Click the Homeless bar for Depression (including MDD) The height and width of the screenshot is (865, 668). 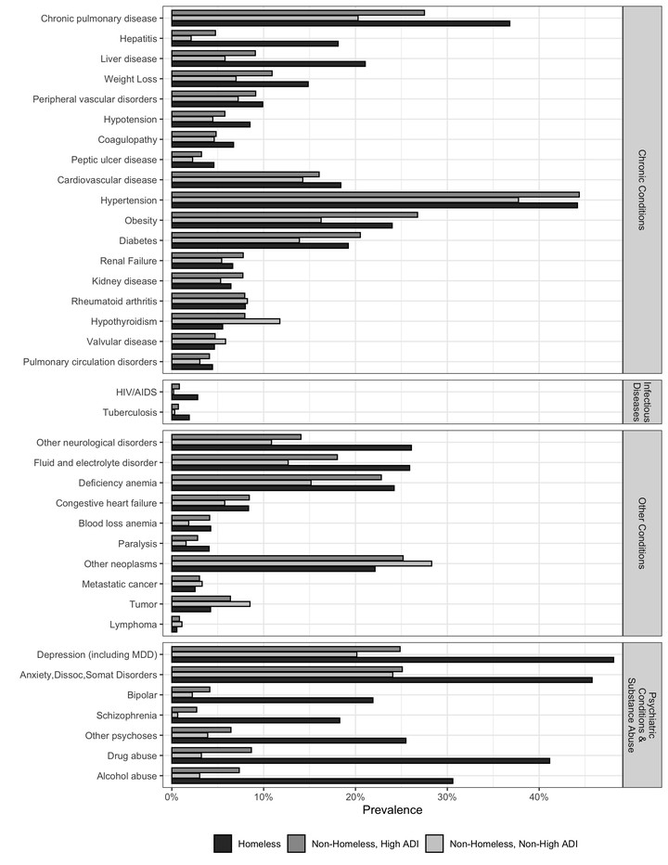(x=392, y=660)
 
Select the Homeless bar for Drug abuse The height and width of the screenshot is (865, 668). (x=361, y=761)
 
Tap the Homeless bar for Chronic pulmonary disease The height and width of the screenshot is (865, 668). (x=340, y=23)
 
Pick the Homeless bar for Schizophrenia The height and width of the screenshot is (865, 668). (x=256, y=720)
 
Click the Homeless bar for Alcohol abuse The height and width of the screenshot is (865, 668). (x=313, y=781)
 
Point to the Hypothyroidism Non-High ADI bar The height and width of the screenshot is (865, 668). (x=225, y=321)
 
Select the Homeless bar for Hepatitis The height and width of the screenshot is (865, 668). (x=255, y=44)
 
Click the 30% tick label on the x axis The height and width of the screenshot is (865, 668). (x=447, y=797)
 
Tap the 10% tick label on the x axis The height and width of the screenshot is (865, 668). (x=263, y=797)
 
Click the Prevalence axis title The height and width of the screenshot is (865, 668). (x=392, y=810)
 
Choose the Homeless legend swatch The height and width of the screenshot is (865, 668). (x=223, y=844)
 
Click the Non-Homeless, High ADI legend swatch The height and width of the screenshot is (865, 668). (x=297, y=844)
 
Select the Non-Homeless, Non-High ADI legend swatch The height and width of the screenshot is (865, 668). (x=435, y=844)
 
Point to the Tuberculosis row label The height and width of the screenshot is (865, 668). (x=130, y=413)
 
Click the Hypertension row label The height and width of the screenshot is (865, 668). (x=129, y=200)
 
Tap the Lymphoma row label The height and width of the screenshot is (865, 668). (x=133, y=625)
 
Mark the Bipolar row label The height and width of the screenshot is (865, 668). (x=142, y=695)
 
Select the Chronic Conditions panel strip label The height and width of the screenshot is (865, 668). (x=642, y=189)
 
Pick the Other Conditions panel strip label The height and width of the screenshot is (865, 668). (x=642, y=533)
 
